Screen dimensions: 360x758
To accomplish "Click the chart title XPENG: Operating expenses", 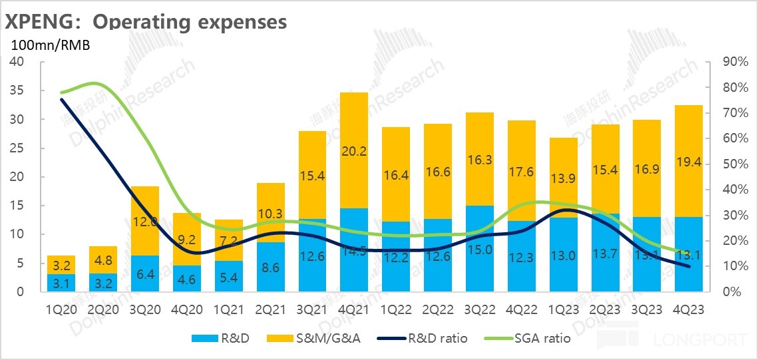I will [x=146, y=21].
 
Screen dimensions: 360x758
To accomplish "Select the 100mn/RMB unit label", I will [x=49, y=46].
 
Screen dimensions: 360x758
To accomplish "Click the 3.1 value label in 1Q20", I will [x=61, y=283].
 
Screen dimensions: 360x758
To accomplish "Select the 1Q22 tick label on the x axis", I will [x=395, y=309].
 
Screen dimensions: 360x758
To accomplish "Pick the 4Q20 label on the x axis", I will [x=186, y=309].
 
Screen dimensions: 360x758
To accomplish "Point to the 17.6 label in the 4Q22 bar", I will [x=521, y=171].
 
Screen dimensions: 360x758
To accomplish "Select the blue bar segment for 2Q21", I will [x=270, y=267].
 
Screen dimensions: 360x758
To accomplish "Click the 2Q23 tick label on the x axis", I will [x=605, y=309].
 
